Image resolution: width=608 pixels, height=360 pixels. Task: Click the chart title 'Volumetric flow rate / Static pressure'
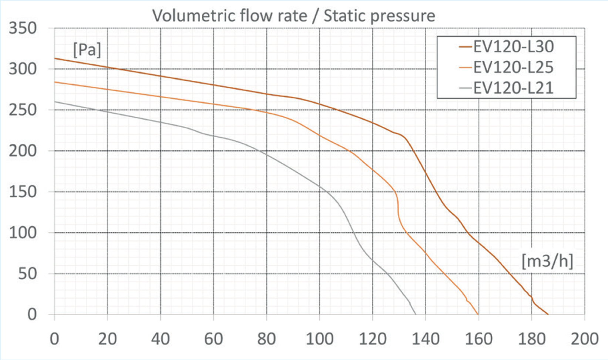point(293,16)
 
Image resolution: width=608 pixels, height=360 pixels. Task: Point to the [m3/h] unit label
point(547,262)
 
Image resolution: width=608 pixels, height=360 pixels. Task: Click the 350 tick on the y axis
point(23,28)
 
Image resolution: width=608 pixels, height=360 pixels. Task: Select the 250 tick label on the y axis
point(23,110)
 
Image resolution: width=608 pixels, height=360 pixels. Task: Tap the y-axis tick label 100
point(23,233)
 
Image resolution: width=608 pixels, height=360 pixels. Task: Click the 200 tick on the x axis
point(584,339)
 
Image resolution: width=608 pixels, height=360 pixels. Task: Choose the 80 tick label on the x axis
point(266,339)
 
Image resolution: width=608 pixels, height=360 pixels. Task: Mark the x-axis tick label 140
point(426,339)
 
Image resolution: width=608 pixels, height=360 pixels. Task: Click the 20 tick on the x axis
point(107,339)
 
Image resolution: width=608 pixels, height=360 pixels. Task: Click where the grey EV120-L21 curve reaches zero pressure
point(416,314)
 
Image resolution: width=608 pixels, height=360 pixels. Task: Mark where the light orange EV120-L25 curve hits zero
point(478,314)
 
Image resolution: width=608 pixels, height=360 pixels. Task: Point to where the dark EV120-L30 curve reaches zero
point(548,314)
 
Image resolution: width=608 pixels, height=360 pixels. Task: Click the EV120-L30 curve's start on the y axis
point(55,58)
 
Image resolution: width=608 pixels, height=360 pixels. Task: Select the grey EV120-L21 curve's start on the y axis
point(55,102)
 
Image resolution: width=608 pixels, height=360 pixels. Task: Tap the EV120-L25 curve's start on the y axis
point(55,82)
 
